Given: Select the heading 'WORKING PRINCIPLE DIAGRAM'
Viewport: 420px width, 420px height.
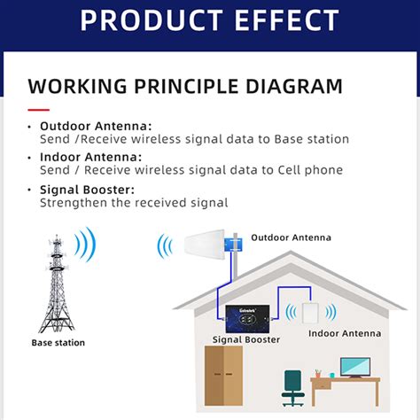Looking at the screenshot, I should click(x=185, y=87).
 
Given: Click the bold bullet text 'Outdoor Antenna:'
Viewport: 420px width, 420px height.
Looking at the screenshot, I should click(x=96, y=126).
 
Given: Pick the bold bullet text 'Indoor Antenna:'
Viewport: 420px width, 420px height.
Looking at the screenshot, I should click(x=89, y=158).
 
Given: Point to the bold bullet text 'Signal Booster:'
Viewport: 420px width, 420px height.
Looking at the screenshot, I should click(x=88, y=190).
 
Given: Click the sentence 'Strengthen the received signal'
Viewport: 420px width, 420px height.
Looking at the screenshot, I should click(x=134, y=203).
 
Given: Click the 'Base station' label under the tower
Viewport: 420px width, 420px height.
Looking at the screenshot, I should click(x=58, y=342).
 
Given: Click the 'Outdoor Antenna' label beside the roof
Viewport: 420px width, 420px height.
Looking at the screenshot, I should click(x=292, y=237).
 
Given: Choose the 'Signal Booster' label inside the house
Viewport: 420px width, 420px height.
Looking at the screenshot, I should click(x=246, y=339).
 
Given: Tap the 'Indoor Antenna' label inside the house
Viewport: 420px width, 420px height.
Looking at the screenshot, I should click(x=345, y=333).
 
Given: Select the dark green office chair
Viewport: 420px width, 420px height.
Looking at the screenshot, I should click(x=293, y=387).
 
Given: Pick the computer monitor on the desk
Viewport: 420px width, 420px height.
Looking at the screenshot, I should click(x=354, y=366).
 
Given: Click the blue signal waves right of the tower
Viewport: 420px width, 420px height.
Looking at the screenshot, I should click(x=85, y=244).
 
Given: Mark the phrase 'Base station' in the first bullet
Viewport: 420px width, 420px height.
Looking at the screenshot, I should click(x=311, y=139).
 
